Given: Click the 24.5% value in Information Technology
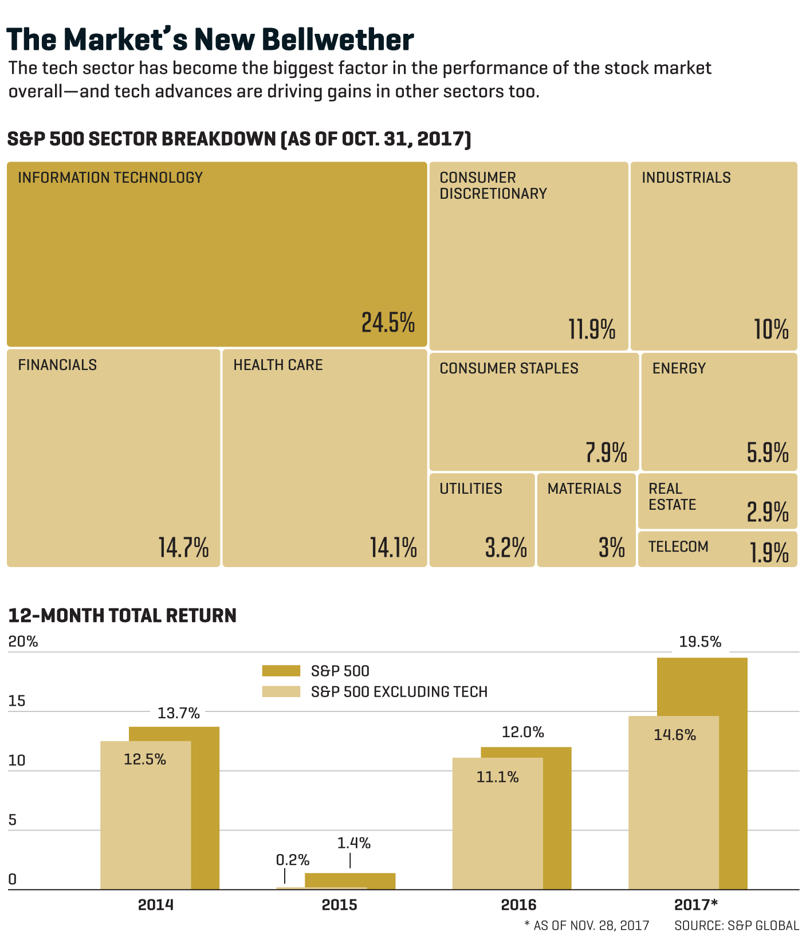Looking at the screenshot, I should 388,322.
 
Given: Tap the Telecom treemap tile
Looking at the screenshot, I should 717,549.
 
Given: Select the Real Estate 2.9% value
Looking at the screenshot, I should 768,512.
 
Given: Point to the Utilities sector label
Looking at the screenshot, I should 471,489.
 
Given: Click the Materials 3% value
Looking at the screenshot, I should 611,548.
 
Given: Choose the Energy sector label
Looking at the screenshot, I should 679,368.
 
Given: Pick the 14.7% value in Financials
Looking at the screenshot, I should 183,548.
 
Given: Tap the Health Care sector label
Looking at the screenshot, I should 278,365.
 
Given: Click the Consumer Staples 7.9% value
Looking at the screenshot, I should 606,453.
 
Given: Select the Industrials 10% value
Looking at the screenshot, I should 771,329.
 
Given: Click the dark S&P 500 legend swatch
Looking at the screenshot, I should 281,671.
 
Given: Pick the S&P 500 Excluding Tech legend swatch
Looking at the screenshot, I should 281,691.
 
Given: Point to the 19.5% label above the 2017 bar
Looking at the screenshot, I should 700,642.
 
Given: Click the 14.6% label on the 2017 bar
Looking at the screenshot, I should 675,735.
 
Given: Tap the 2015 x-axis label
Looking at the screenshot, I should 339,905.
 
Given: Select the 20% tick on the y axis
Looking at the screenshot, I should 23,642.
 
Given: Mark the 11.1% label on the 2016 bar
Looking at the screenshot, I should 497,777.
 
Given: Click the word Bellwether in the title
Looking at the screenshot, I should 337,40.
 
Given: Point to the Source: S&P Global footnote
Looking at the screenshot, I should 736,926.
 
